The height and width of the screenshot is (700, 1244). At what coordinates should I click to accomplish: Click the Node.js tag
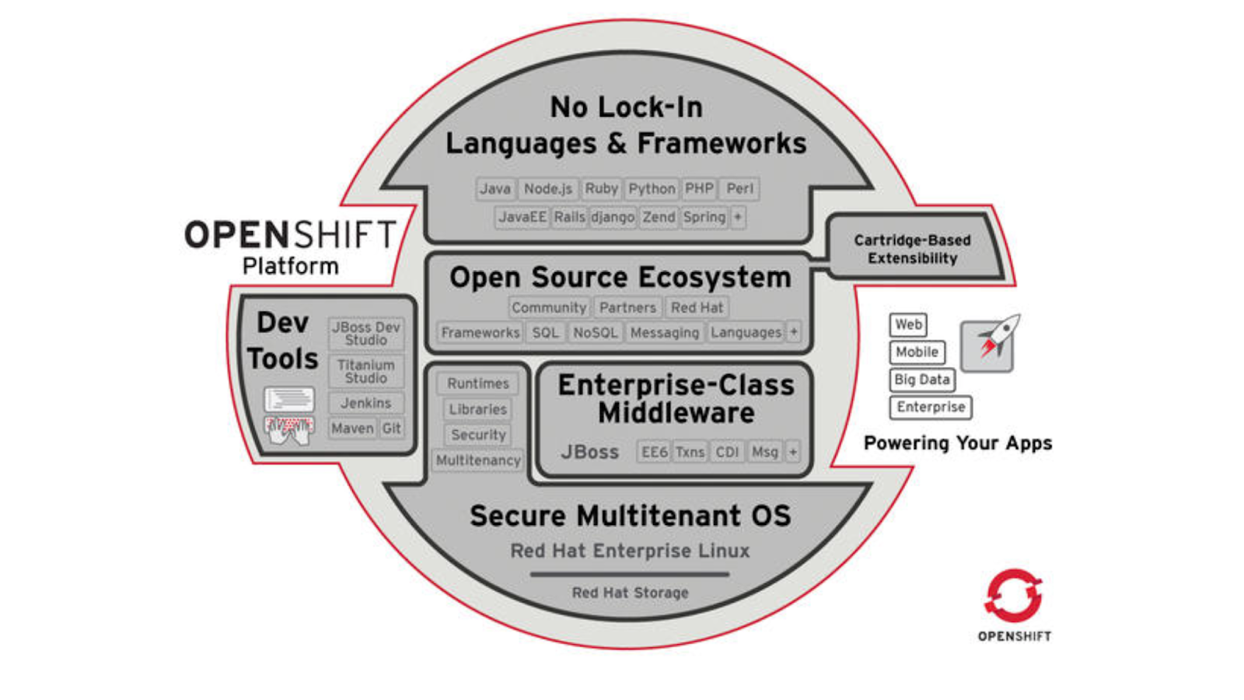point(547,189)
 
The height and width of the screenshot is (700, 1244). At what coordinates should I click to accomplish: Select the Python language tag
point(652,189)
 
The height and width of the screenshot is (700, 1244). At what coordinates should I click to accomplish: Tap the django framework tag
point(613,217)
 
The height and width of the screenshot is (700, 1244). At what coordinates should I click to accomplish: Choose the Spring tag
point(704,217)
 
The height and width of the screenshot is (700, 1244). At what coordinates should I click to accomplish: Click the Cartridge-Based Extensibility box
point(912,249)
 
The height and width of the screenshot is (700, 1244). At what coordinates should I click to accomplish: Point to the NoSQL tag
point(595,333)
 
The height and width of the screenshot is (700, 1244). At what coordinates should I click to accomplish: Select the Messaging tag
point(664,333)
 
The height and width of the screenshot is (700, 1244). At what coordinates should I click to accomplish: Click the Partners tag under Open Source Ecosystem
point(627,308)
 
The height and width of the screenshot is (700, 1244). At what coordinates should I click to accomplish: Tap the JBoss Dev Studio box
point(365,334)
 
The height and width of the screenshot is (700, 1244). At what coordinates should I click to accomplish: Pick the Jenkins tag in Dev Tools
point(365,403)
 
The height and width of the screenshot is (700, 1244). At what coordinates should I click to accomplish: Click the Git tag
point(392,429)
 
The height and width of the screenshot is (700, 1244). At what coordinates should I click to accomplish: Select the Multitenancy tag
point(478,460)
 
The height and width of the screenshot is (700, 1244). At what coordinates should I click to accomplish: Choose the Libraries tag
point(477,409)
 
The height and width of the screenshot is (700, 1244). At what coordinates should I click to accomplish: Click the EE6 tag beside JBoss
point(654,452)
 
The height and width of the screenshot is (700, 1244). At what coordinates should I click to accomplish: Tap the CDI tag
point(727,452)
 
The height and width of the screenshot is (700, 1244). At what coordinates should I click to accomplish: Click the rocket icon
point(988,342)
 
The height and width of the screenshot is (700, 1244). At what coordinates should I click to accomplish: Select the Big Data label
point(921,380)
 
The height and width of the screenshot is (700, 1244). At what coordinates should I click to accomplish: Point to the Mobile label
point(917,352)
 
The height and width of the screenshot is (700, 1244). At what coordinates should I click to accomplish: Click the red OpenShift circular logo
point(1013,596)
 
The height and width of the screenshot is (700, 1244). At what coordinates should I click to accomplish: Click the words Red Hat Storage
point(630,593)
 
